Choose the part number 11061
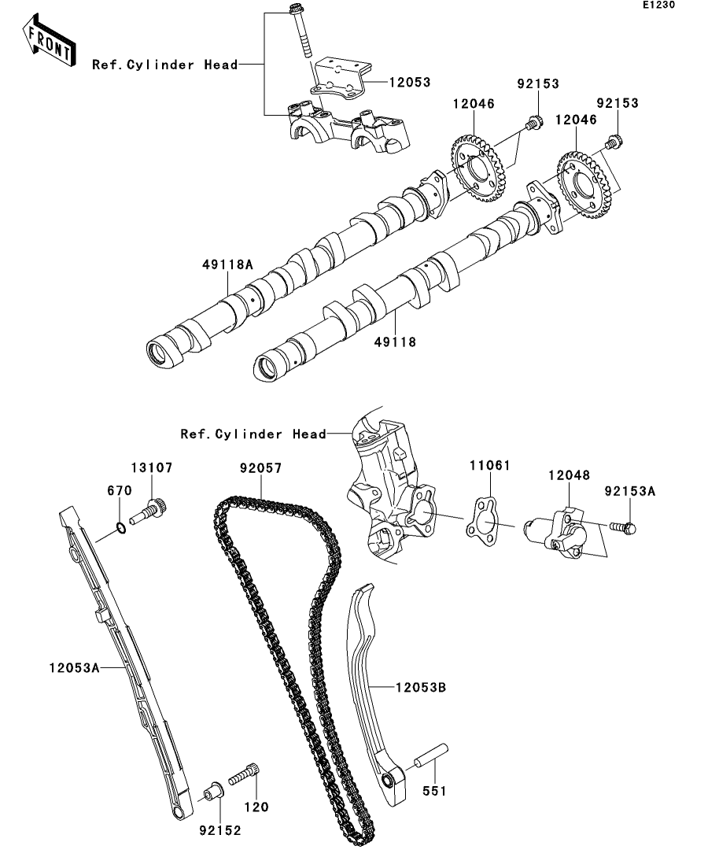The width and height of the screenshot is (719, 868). click(490, 466)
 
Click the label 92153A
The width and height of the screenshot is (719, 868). click(629, 491)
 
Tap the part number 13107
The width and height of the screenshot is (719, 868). click(151, 467)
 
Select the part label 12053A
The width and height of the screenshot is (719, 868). click(72, 667)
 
